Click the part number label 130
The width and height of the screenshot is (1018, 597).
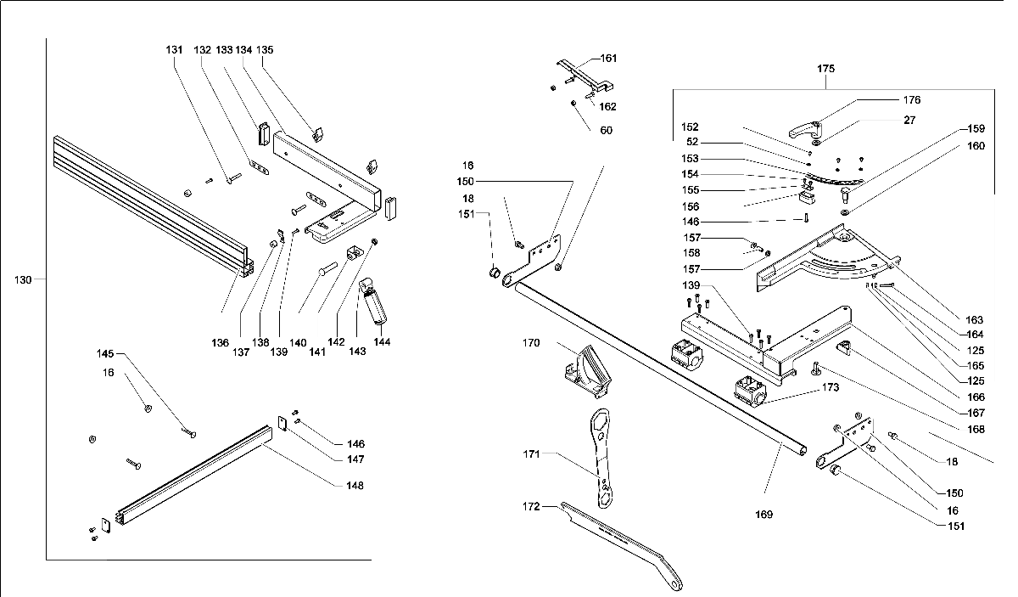coord(23,280)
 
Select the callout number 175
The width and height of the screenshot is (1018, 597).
coord(825,69)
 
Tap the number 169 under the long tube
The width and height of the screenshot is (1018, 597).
coord(764,515)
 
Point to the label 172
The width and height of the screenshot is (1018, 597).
coord(531,506)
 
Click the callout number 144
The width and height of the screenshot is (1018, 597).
coord(382,341)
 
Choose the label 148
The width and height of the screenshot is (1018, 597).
coord(355,486)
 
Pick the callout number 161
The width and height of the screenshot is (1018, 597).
coord(608,59)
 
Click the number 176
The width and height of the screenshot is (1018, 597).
coord(912,100)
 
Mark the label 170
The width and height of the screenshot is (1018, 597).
coord(531,342)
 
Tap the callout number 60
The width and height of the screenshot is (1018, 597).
coord(607,131)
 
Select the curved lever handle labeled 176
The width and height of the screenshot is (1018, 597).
coord(805,130)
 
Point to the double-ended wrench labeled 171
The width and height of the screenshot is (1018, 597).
coord(601,458)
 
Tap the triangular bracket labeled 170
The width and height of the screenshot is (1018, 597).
coord(587,372)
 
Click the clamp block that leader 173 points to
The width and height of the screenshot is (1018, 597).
coord(750,391)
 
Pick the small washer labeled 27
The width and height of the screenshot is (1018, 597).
coord(816,144)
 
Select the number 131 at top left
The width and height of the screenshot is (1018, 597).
coord(174,49)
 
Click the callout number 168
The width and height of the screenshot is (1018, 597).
coord(976,430)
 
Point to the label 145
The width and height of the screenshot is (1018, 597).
coord(105,353)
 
